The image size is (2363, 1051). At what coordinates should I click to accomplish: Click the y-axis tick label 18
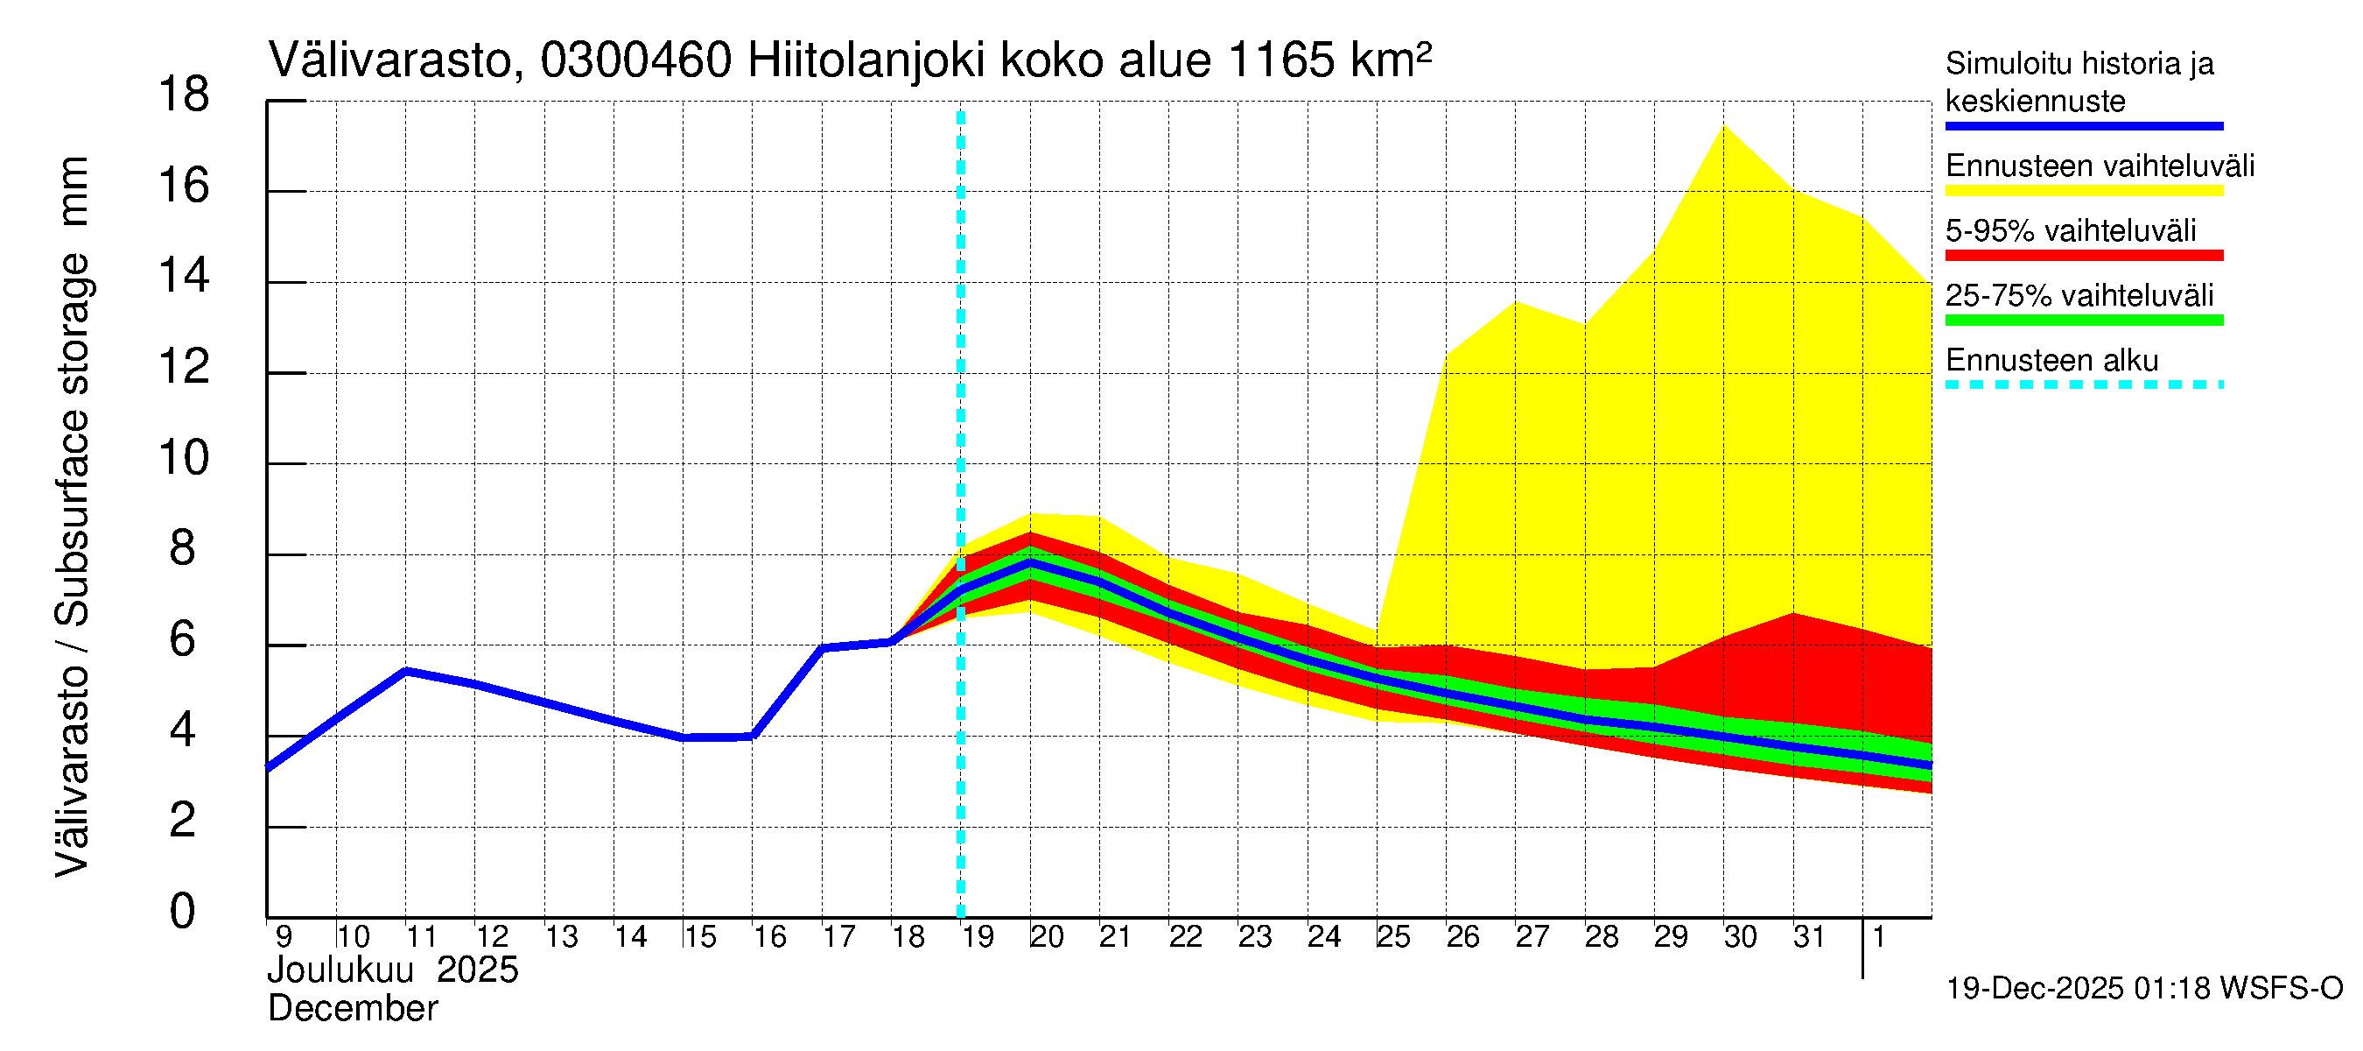tap(184, 95)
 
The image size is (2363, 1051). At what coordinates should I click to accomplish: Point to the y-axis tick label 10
tap(184, 458)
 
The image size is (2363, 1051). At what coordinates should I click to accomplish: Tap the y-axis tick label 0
tap(183, 912)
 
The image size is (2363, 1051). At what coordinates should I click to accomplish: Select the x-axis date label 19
tap(978, 937)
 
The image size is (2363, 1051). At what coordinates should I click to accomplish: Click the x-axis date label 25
tap(1393, 937)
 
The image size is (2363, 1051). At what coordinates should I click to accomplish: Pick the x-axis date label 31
tap(1809, 937)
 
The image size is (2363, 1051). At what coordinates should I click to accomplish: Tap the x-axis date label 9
tap(284, 937)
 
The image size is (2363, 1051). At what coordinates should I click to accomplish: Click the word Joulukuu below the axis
tap(340, 970)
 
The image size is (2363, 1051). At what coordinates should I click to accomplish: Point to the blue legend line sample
tap(2083, 126)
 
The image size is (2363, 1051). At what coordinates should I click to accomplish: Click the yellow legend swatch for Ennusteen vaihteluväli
tap(2083, 191)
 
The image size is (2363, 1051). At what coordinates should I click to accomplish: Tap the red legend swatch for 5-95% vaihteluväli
tap(2083, 255)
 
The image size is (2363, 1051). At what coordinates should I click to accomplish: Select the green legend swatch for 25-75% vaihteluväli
tap(2083, 321)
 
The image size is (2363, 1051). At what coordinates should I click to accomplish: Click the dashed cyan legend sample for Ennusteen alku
tap(2083, 384)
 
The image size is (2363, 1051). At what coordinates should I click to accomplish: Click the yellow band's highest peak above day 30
tap(1724, 127)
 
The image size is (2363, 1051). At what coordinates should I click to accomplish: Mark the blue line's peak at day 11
tap(406, 671)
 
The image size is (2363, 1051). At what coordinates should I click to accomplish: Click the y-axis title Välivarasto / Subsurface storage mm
tap(73, 517)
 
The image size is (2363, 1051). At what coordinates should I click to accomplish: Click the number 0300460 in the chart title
tap(635, 60)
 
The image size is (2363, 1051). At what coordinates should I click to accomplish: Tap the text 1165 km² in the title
tap(1329, 60)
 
